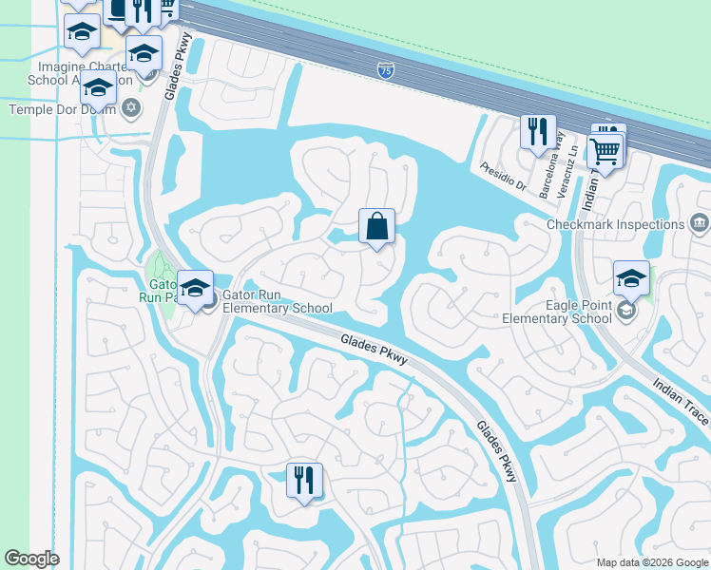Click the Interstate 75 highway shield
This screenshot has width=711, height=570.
385,69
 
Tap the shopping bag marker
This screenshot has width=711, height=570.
376,227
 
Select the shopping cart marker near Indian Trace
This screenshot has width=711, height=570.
605,151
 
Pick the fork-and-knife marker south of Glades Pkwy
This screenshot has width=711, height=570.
304,481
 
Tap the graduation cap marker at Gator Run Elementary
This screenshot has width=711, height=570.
195,289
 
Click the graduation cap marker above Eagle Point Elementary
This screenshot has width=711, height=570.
631,278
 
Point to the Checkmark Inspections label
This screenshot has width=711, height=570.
615,225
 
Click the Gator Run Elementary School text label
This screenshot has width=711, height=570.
277,301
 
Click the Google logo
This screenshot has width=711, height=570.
31,559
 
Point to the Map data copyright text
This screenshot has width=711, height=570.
652,562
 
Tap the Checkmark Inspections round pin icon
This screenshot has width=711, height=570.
699,224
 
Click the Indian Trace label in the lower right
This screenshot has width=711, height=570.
681,401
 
